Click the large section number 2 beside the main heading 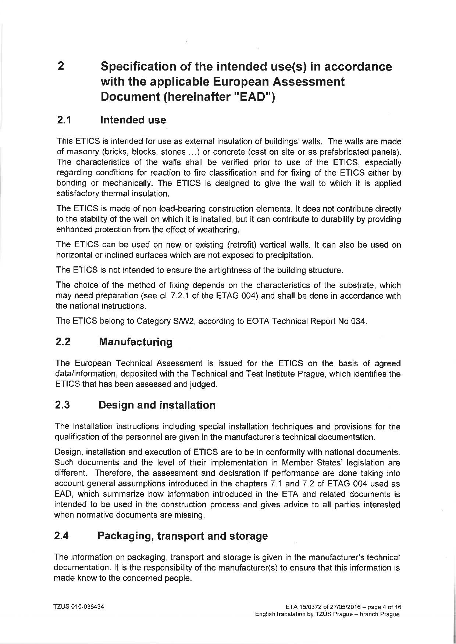61,66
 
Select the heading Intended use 133,120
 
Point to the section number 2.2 63,342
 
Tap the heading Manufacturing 136,342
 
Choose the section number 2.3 63,405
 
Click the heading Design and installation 157,405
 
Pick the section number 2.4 61,536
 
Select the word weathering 220,230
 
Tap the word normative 94,515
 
